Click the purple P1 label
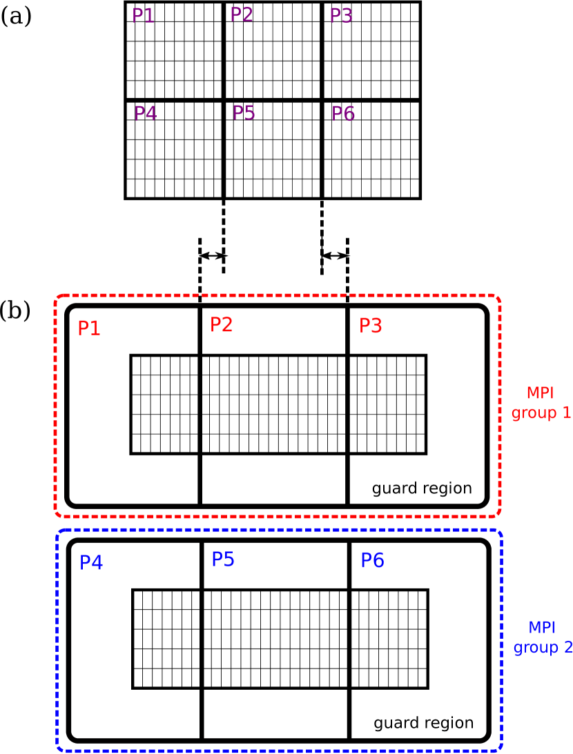click(x=143, y=16)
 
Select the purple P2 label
click(x=242, y=14)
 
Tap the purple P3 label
click(x=341, y=16)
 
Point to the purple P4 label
click(x=145, y=114)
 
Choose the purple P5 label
click(x=244, y=112)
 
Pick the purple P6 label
click(x=343, y=114)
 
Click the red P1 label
click(x=89, y=328)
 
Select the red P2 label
click(x=221, y=325)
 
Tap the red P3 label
click(x=371, y=326)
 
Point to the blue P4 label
click(x=91, y=563)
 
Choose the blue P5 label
click(x=223, y=559)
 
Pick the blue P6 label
click(x=372, y=561)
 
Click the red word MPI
click(x=540, y=393)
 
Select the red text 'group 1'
click(x=541, y=413)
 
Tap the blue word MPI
click(x=542, y=628)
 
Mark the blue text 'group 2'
click(x=543, y=648)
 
